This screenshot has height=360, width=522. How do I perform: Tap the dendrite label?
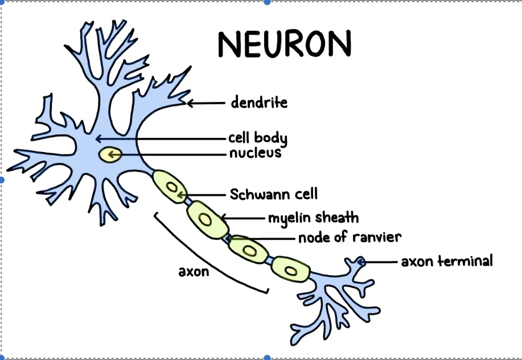pyautogui.click(x=259, y=103)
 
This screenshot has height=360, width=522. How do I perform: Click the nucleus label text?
pyautogui.click(x=255, y=153)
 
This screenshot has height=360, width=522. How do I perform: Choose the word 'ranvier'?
pyautogui.click(x=377, y=237)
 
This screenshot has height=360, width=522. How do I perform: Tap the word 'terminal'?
pyautogui.click(x=465, y=261)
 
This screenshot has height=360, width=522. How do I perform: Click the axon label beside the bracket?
pyautogui.click(x=194, y=272)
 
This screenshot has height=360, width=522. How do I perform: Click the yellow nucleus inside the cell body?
pyautogui.click(x=110, y=155)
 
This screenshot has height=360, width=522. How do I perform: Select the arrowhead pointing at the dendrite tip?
pyautogui.click(x=189, y=103)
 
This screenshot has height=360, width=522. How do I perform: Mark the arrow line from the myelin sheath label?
pyautogui.click(x=245, y=218)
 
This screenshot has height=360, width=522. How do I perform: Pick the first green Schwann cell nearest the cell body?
pyautogui.click(x=170, y=186)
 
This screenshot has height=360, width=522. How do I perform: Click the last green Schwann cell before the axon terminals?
pyautogui.click(x=290, y=269)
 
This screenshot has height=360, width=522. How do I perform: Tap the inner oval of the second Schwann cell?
pyautogui.click(x=205, y=220)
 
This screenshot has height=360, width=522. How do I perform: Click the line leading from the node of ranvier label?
pyautogui.click(x=268, y=239)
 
